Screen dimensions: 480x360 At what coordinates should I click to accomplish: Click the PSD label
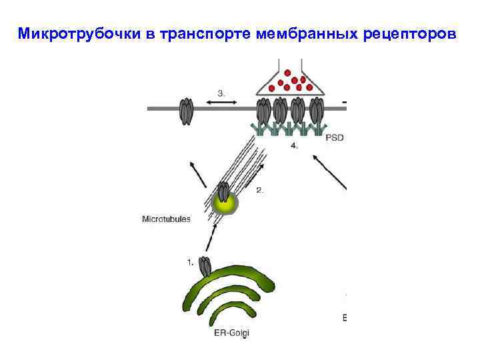(335, 138)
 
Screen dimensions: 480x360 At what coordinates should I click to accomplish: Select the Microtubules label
(167, 218)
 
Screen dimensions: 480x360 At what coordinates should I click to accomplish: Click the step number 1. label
(191, 262)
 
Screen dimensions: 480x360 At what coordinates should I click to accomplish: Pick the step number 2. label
(260, 190)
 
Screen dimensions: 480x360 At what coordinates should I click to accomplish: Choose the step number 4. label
(294, 144)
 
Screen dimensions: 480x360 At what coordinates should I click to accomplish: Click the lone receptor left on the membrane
(185, 111)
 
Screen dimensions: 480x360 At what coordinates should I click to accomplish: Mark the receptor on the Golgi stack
(205, 267)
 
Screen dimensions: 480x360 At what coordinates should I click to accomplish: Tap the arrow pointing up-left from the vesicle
(197, 174)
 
